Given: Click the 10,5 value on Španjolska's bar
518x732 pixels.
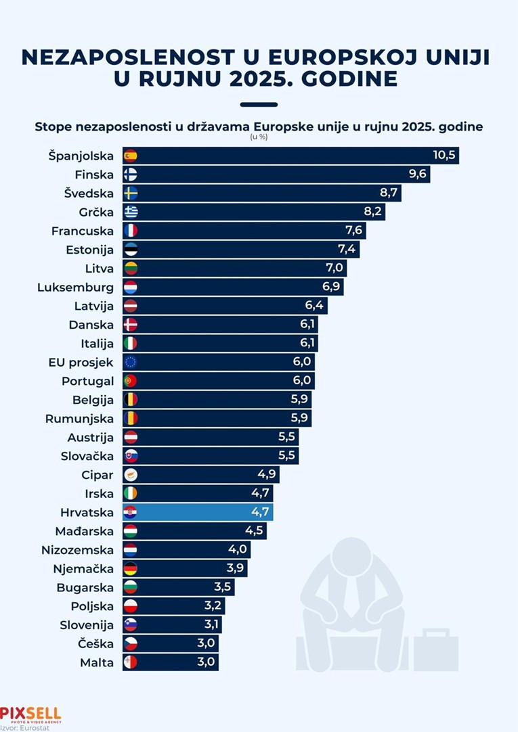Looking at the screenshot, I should (x=444, y=156).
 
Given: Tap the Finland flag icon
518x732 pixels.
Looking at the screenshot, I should (x=131, y=175).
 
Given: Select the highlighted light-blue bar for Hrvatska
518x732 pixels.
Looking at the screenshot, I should (x=198, y=511).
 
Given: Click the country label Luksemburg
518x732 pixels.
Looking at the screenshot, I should (x=75, y=288).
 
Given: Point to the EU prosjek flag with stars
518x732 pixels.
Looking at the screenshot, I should (x=131, y=362).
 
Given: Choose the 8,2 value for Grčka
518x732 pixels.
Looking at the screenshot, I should (x=373, y=212).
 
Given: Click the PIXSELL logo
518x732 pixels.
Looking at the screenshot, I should (x=30, y=714).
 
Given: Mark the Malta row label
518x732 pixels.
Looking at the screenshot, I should (x=96, y=662).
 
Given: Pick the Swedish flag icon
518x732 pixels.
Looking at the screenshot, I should (x=131, y=193).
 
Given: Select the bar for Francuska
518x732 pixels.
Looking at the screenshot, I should (x=244, y=231).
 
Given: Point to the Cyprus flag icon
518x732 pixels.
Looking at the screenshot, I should (x=131, y=474).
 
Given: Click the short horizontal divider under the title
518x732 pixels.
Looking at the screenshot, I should (x=259, y=104).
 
